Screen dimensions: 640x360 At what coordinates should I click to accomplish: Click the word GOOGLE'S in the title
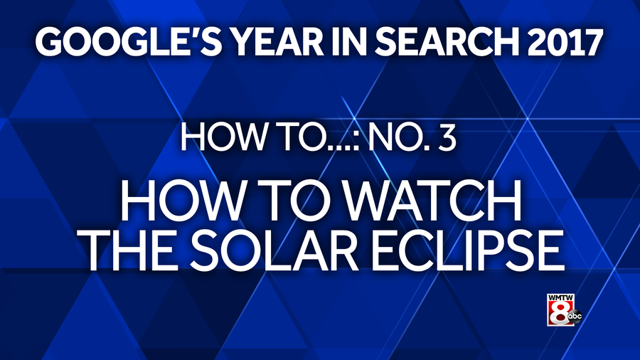128,42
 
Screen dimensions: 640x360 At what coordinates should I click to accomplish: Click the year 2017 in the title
565,42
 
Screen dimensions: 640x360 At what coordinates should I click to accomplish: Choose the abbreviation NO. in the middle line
396,137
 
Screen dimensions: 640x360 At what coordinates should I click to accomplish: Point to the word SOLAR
273,250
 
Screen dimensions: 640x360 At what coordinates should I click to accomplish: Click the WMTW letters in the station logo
560,297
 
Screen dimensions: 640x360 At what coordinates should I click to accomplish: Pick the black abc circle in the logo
575,317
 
